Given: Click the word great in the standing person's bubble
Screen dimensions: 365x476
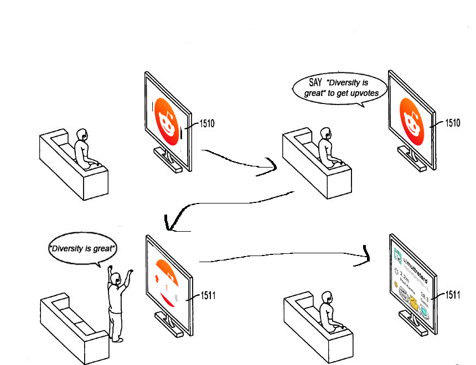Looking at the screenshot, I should pos(105,248).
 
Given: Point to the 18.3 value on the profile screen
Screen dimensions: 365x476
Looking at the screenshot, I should pos(425,294).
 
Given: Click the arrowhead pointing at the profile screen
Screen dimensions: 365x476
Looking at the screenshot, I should pos(368,255).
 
